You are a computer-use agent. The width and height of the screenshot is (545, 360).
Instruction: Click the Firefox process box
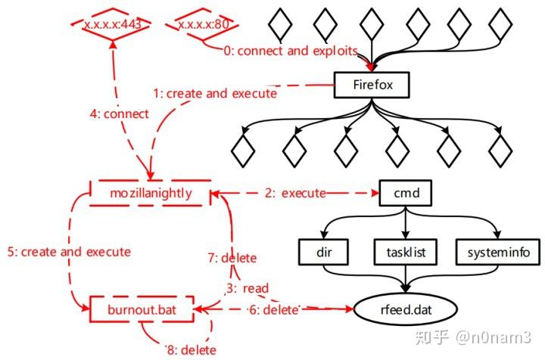(372, 85)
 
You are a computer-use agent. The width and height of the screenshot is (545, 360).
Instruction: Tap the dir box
(321, 251)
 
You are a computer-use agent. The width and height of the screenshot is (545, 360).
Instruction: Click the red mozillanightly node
(149, 194)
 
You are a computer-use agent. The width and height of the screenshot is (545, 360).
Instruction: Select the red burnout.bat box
(142, 309)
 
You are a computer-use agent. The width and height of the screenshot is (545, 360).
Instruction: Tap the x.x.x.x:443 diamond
(113, 25)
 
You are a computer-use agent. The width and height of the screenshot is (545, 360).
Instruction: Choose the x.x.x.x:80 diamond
(204, 25)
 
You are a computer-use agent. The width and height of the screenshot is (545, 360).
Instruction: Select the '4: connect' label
(115, 114)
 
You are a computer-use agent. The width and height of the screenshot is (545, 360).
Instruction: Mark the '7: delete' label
(232, 259)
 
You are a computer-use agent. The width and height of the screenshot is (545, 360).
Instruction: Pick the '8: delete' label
(190, 349)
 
